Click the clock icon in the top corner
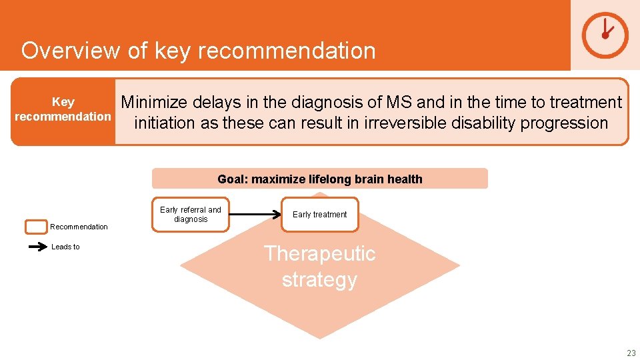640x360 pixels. click(x=605, y=35)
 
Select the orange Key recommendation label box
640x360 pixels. click(x=63, y=111)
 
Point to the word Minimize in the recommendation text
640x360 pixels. click(x=156, y=103)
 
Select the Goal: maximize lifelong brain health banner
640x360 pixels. click(x=319, y=179)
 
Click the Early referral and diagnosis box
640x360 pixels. click(x=190, y=214)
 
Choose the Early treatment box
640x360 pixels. click(x=319, y=214)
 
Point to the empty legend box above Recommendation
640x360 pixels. click(x=36, y=227)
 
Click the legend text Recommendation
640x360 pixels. click(x=79, y=227)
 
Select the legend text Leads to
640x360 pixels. click(x=65, y=247)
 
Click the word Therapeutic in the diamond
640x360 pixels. click(x=319, y=254)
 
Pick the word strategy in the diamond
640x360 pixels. click(x=319, y=279)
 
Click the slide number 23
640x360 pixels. click(x=631, y=353)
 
